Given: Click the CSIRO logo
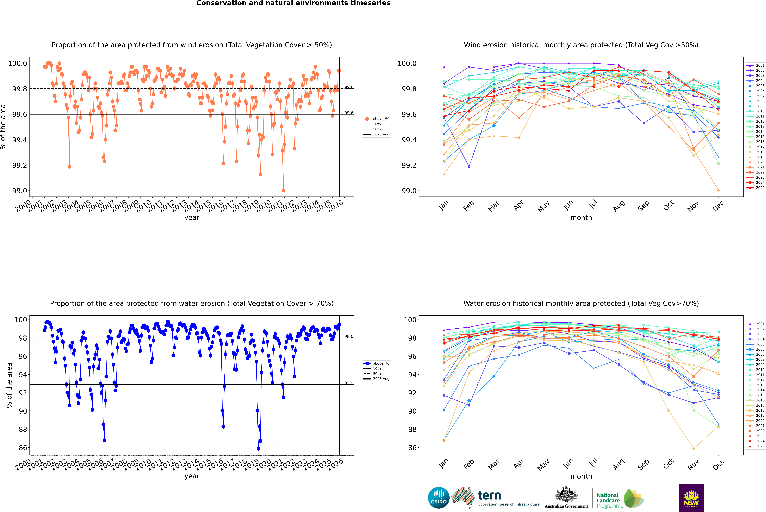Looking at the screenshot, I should click(x=439, y=498).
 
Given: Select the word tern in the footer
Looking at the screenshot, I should click(x=489, y=495).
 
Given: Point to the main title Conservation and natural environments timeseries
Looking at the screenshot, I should click(x=293, y=3).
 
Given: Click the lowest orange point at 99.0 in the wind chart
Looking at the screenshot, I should click(x=283, y=190).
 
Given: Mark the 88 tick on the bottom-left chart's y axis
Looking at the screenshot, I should click(x=23, y=429).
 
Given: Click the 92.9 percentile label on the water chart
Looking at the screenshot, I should click(x=349, y=383).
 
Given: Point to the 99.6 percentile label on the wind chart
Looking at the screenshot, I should click(x=349, y=113).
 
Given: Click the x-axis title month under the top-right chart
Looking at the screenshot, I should click(x=581, y=218).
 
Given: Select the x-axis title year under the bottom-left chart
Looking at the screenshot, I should click(x=192, y=476).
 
